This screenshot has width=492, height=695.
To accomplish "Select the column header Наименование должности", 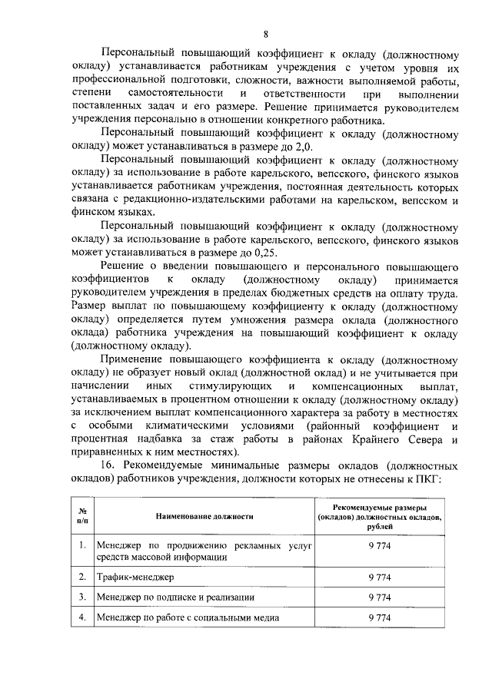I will (204, 517).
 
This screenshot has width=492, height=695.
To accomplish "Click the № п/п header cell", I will (81, 517).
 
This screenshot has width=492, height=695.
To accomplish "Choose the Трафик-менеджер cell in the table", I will (135, 576).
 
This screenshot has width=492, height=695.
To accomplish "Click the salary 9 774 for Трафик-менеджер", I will (381, 576).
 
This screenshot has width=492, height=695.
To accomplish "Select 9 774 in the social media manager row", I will (381, 617).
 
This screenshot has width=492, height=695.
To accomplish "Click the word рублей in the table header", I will (381, 527).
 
